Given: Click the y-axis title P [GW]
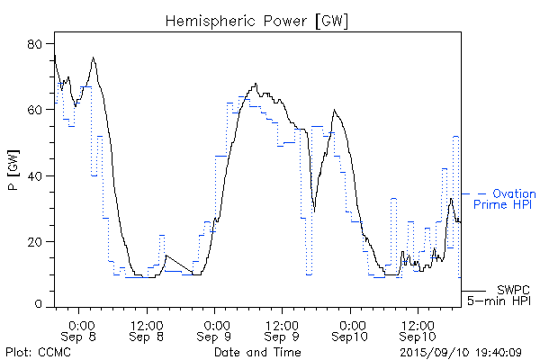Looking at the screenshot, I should click(13, 175).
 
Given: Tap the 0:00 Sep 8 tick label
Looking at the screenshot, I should click(80, 329).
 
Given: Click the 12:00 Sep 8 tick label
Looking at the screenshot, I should click(147, 329).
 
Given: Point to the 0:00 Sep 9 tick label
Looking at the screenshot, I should click(214, 329).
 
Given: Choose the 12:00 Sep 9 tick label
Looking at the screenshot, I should click(281, 329).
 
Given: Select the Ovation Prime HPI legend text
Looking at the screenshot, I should click(508, 200).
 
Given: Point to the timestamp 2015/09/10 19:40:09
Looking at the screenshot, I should click(460, 351).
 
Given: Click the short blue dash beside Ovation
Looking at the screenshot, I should click(472, 193).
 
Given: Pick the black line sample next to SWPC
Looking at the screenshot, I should click(473, 291).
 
